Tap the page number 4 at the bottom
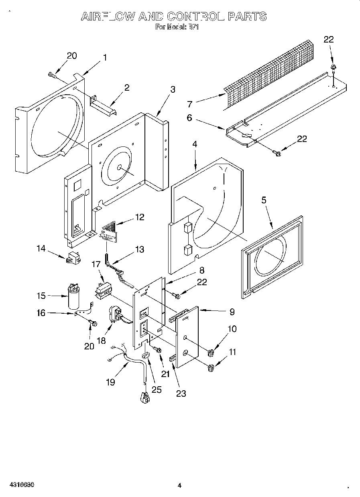179,485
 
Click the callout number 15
41,296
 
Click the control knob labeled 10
210,353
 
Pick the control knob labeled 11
210,367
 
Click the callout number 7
190,104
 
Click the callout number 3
173,89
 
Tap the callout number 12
140,217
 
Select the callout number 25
157,389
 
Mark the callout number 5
264,201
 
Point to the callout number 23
181,394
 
